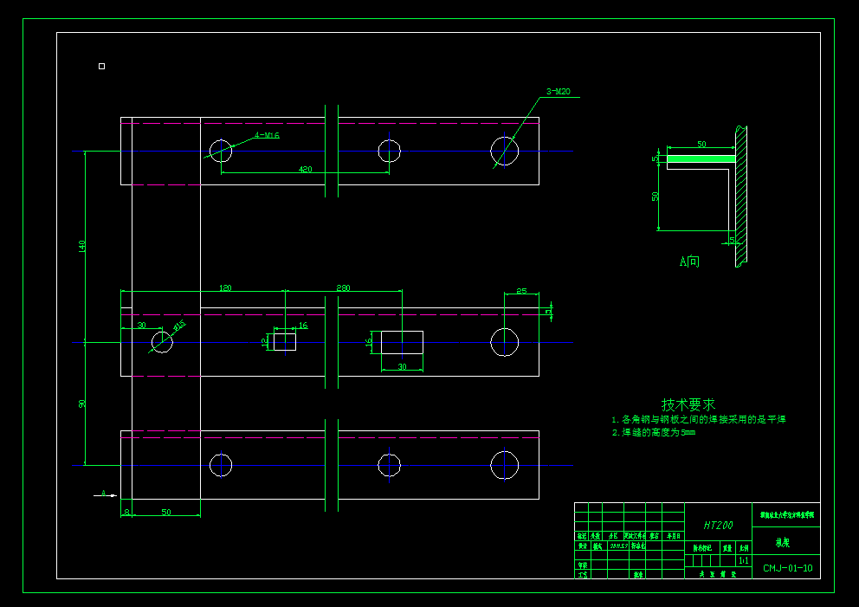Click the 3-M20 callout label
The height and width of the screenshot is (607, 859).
click(558, 91)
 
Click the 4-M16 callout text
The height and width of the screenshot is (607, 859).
click(267, 135)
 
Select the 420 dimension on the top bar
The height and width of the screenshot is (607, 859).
click(305, 170)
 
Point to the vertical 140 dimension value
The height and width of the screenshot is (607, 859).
click(82, 246)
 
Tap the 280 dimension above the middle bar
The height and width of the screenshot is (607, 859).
click(343, 287)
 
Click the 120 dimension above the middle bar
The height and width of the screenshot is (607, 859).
click(225, 287)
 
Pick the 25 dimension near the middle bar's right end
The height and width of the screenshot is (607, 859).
click(521, 291)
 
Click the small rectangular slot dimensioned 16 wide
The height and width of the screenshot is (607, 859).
click(285, 342)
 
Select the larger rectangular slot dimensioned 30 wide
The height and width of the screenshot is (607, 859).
click(402, 342)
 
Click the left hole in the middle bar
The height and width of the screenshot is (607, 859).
click(162, 342)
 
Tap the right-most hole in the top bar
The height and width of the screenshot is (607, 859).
click(504, 151)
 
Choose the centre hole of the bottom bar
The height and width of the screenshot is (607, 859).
click(389, 465)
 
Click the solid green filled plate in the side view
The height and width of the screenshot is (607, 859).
click(697, 158)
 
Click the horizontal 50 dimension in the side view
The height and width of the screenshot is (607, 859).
click(701, 144)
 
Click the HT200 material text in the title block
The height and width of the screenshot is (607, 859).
click(718, 526)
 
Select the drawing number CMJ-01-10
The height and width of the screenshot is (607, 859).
click(787, 569)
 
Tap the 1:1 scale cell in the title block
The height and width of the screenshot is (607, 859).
click(743, 560)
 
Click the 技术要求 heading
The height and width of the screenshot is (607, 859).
click(688, 404)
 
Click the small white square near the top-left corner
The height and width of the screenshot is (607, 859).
click(101, 66)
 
